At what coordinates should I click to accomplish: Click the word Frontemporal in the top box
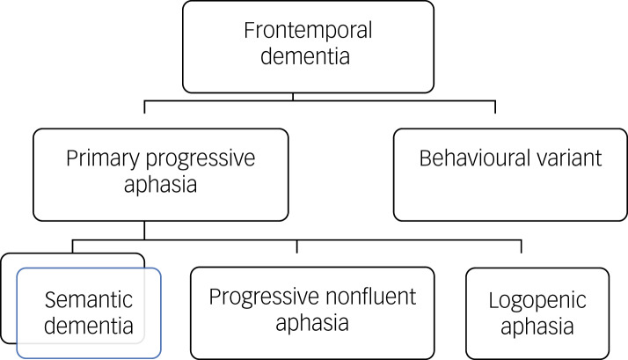(x=308, y=31)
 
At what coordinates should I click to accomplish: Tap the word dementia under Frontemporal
(x=305, y=55)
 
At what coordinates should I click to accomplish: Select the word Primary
(x=103, y=158)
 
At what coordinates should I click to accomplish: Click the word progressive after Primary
(x=201, y=158)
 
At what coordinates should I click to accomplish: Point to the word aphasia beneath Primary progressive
(x=160, y=185)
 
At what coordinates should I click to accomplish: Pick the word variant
(x=569, y=158)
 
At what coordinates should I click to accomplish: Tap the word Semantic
(x=89, y=300)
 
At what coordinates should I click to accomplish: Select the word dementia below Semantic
(x=89, y=326)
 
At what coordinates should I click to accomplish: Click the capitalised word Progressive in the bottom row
(x=264, y=298)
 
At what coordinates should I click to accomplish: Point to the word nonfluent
(x=370, y=297)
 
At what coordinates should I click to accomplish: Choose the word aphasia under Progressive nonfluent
(x=312, y=322)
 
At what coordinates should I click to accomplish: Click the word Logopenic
(x=537, y=301)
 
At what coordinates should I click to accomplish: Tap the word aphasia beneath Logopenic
(x=537, y=326)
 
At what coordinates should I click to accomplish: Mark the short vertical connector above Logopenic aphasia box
(x=521, y=246)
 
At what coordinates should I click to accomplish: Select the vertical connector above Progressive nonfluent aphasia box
(x=296, y=246)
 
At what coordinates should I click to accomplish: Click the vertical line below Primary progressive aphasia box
(x=144, y=230)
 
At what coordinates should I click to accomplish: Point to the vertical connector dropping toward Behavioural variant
(x=495, y=107)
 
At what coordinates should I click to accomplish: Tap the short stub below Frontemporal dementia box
(x=293, y=97)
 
